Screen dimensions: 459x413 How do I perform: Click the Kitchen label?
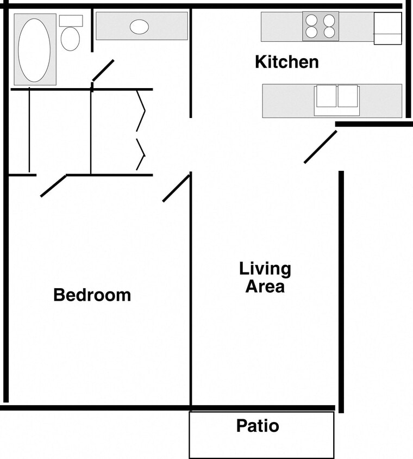pyautogui.click(x=287, y=62)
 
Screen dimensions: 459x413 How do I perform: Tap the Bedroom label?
pyautogui.click(x=92, y=295)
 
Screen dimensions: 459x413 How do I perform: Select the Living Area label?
pyautogui.click(x=265, y=277)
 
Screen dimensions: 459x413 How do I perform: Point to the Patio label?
pyautogui.click(x=258, y=426)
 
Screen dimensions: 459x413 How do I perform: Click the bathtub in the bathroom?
pyautogui.click(x=34, y=50)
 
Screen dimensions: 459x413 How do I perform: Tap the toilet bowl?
pyautogui.click(x=70, y=39)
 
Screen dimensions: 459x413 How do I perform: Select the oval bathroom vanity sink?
pyautogui.click(x=139, y=26)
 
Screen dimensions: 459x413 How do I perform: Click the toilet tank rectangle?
pyautogui.click(x=71, y=21)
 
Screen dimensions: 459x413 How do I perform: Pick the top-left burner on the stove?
pyautogui.click(x=311, y=21)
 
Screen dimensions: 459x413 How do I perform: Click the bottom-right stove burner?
pyautogui.click(x=329, y=32)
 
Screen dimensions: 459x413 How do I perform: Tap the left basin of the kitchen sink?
pyautogui.click(x=326, y=96)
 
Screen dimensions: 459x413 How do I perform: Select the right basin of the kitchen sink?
pyautogui.click(x=348, y=96)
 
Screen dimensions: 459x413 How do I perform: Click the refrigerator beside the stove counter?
pyautogui.click(x=387, y=28)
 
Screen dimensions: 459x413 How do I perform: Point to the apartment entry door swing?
pyautogui.click(x=320, y=147)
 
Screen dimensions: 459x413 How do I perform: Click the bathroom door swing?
pyautogui.click(x=103, y=70)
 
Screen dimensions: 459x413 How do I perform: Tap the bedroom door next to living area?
pyautogui.click(x=176, y=188)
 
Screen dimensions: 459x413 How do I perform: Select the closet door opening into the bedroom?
pyautogui.click(x=53, y=185)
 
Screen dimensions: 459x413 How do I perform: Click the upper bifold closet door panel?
pyautogui.click(x=141, y=111)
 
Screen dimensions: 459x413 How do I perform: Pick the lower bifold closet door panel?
pyautogui.click(x=141, y=155)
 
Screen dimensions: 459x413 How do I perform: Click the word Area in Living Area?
pyautogui.click(x=265, y=286)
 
